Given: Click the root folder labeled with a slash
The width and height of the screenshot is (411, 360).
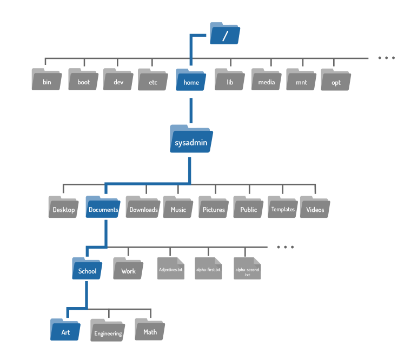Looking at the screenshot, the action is (x=225, y=34).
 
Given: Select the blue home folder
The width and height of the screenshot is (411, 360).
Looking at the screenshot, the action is (x=191, y=79).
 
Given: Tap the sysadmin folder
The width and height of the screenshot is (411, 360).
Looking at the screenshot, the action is (x=191, y=139).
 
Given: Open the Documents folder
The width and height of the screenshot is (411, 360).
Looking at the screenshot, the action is (x=103, y=206).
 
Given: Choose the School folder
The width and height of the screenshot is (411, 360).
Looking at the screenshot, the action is (x=87, y=268).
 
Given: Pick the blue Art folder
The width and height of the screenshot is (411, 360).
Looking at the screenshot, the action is (x=65, y=329).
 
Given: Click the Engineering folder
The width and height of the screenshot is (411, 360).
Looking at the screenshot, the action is (x=108, y=330).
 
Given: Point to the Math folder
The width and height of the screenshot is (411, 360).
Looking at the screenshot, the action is (x=150, y=329).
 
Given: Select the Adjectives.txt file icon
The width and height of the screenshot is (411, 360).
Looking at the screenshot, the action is (x=171, y=268).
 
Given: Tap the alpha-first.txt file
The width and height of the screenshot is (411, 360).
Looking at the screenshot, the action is (x=208, y=268).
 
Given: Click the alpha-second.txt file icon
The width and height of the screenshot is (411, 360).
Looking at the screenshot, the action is (x=247, y=268).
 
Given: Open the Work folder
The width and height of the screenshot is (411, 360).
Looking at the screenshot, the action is (x=128, y=268).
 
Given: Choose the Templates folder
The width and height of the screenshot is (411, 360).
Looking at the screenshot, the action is (x=283, y=206).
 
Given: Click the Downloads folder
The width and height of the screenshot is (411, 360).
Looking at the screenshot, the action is (x=143, y=206).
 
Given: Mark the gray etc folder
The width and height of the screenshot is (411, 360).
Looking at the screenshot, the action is (x=153, y=79).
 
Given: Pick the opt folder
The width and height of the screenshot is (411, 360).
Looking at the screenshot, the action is (x=336, y=79).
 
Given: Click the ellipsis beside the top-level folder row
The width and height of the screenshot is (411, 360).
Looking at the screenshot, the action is (x=386, y=58).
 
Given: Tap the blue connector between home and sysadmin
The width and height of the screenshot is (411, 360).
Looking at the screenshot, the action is (x=191, y=110).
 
